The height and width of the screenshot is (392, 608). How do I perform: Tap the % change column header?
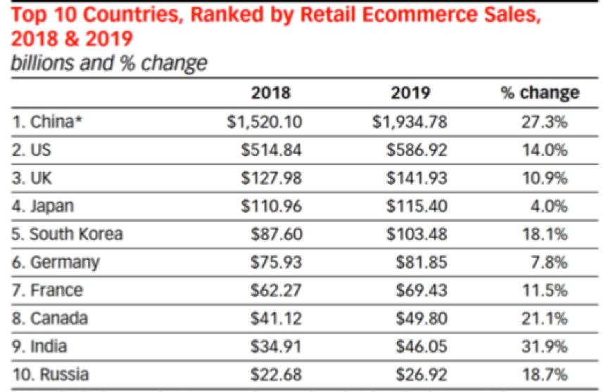[540, 93]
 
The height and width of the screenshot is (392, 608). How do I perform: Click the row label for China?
[48, 122]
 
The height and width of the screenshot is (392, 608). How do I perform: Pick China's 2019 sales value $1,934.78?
[410, 122]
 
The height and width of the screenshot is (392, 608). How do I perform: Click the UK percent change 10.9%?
[547, 178]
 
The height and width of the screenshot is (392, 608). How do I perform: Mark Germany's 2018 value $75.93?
[277, 262]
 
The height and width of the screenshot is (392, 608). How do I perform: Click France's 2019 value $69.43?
[420, 290]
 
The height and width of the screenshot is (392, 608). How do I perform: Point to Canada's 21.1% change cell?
[547, 318]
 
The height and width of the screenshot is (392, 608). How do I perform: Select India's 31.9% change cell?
[547, 346]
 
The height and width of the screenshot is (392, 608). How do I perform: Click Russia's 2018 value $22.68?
[277, 374]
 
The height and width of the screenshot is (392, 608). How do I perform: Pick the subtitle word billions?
[42, 63]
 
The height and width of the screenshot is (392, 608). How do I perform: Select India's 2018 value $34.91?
[277, 346]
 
